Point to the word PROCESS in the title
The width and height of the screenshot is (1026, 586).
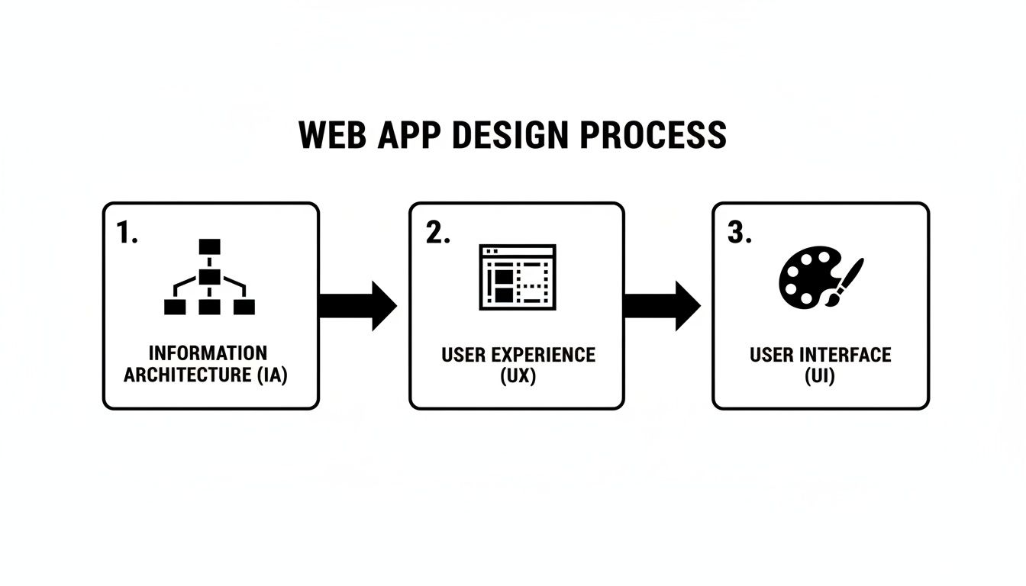(653, 135)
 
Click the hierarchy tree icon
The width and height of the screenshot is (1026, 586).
(209, 277)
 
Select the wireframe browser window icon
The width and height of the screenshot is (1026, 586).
(517, 277)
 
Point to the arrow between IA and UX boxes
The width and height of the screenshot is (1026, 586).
(357, 305)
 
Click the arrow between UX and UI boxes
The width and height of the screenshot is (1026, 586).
(661, 305)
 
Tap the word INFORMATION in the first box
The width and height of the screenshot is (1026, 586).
(208, 353)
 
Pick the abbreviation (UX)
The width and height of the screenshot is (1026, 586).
(517, 376)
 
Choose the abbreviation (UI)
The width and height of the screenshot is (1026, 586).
(820, 376)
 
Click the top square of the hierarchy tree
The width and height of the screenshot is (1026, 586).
(209, 246)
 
